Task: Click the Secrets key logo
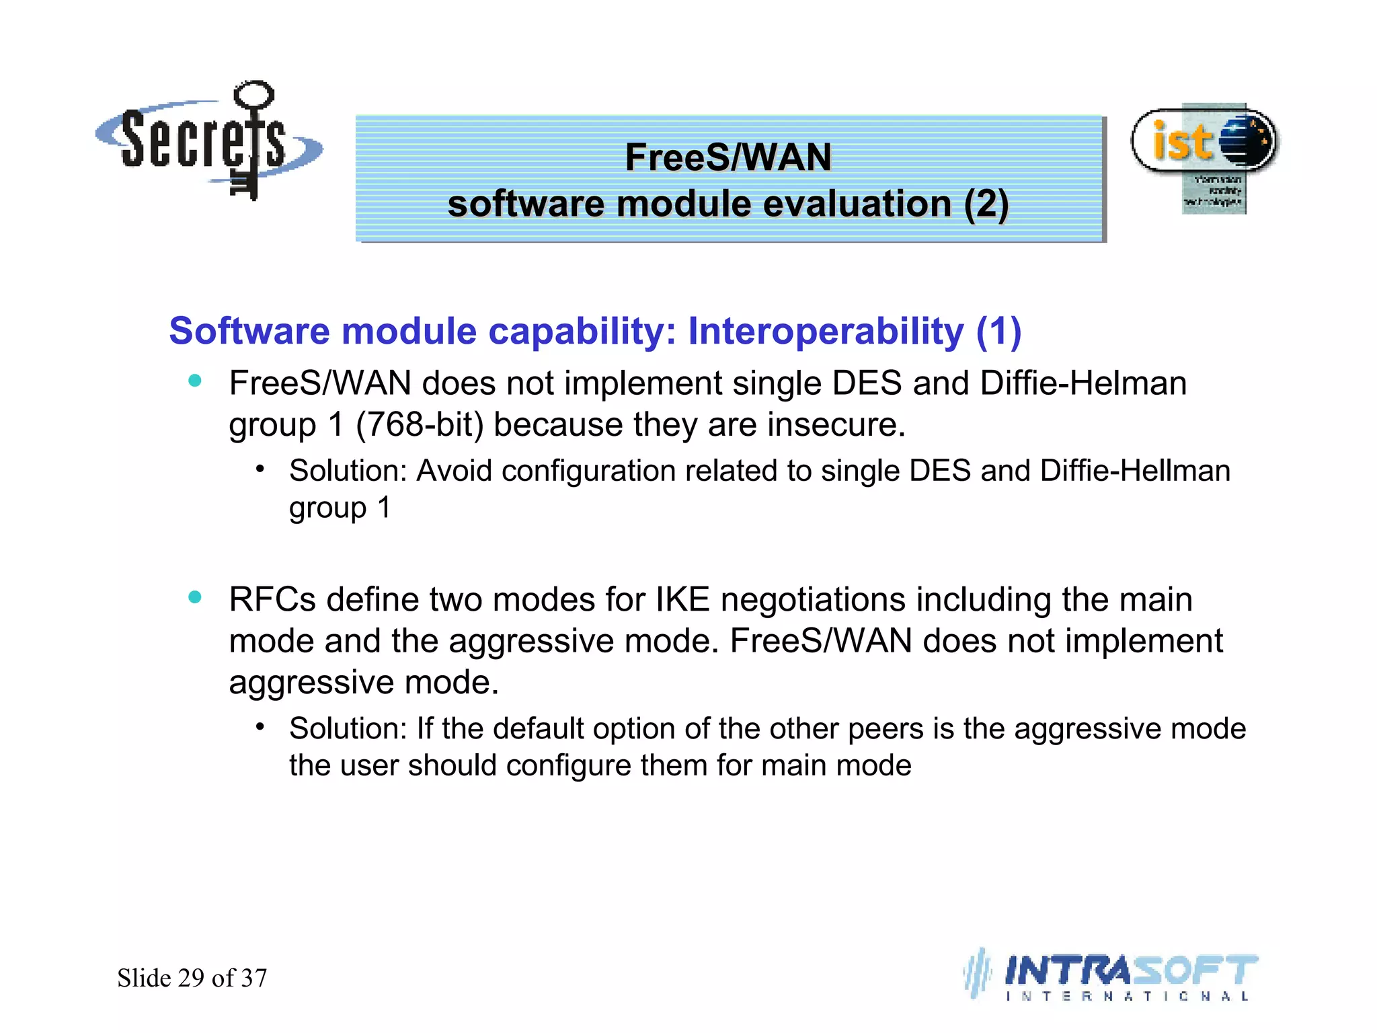click(x=208, y=141)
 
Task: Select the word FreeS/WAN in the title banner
click(x=728, y=157)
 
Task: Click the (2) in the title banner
click(x=986, y=204)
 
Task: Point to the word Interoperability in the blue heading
click(x=826, y=331)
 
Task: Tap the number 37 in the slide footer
click(x=254, y=978)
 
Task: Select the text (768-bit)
click(x=420, y=425)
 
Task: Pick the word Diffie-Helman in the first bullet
click(x=1083, y=383)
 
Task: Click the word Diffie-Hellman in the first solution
click(x=1135, y=471)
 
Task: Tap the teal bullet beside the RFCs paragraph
click(x=195, y=597)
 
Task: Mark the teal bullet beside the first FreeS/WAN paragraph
click(x=195, y=381)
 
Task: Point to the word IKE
click(x=682, y=599)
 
